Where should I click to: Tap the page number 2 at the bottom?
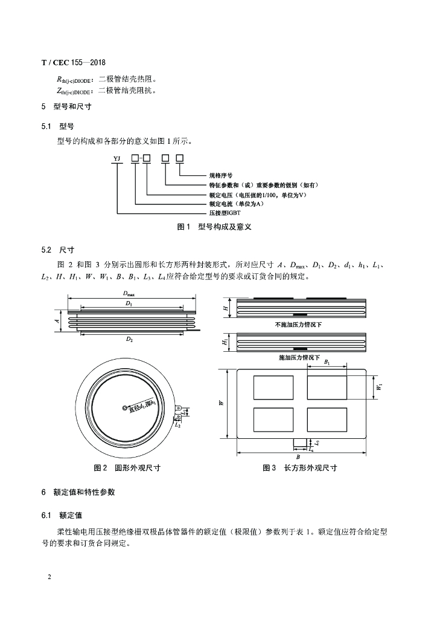pyautogui.click(x=49, y=576)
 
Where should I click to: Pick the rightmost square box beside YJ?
pyautogui.click(x=179, y=158)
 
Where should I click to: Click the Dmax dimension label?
pyautogui.click(x=129, y=294)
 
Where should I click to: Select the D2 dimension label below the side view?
pyautogui.click(x=129, y=340)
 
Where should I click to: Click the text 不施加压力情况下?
pyautogui.click(x=298, y=325)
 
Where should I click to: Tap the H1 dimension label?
pyautogui.click(x=225, y=342)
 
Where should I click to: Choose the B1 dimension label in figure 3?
pyautogui.click(x=327, y=362)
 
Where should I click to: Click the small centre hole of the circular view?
pyautogui.click(x=124, y=408)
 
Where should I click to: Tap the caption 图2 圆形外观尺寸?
pyautogui.click(x=127, y=468)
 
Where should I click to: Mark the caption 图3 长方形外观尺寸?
pyautogui.click(x=299, y=468)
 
